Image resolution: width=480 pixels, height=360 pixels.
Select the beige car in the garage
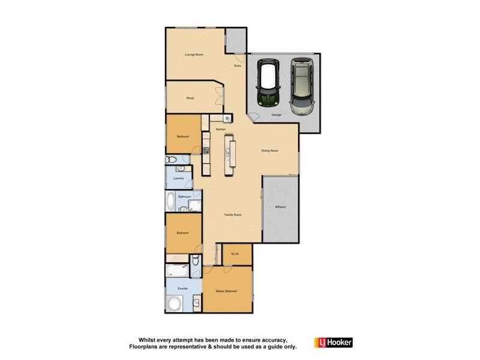302,86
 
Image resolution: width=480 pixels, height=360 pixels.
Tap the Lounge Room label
194,55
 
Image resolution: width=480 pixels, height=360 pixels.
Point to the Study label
190,98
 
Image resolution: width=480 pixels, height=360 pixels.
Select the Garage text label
277,114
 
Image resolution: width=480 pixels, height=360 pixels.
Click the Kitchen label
220,130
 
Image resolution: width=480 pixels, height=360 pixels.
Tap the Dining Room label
269,151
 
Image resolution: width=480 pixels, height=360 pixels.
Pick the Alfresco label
280,207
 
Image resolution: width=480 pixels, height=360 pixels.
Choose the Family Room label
233,214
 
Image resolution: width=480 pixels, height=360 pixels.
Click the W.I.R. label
235,254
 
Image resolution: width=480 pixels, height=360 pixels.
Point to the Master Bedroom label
227,291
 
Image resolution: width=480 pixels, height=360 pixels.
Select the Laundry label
178,178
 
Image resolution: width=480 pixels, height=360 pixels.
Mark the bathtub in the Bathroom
171,202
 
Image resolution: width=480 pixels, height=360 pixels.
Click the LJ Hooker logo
334,343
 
